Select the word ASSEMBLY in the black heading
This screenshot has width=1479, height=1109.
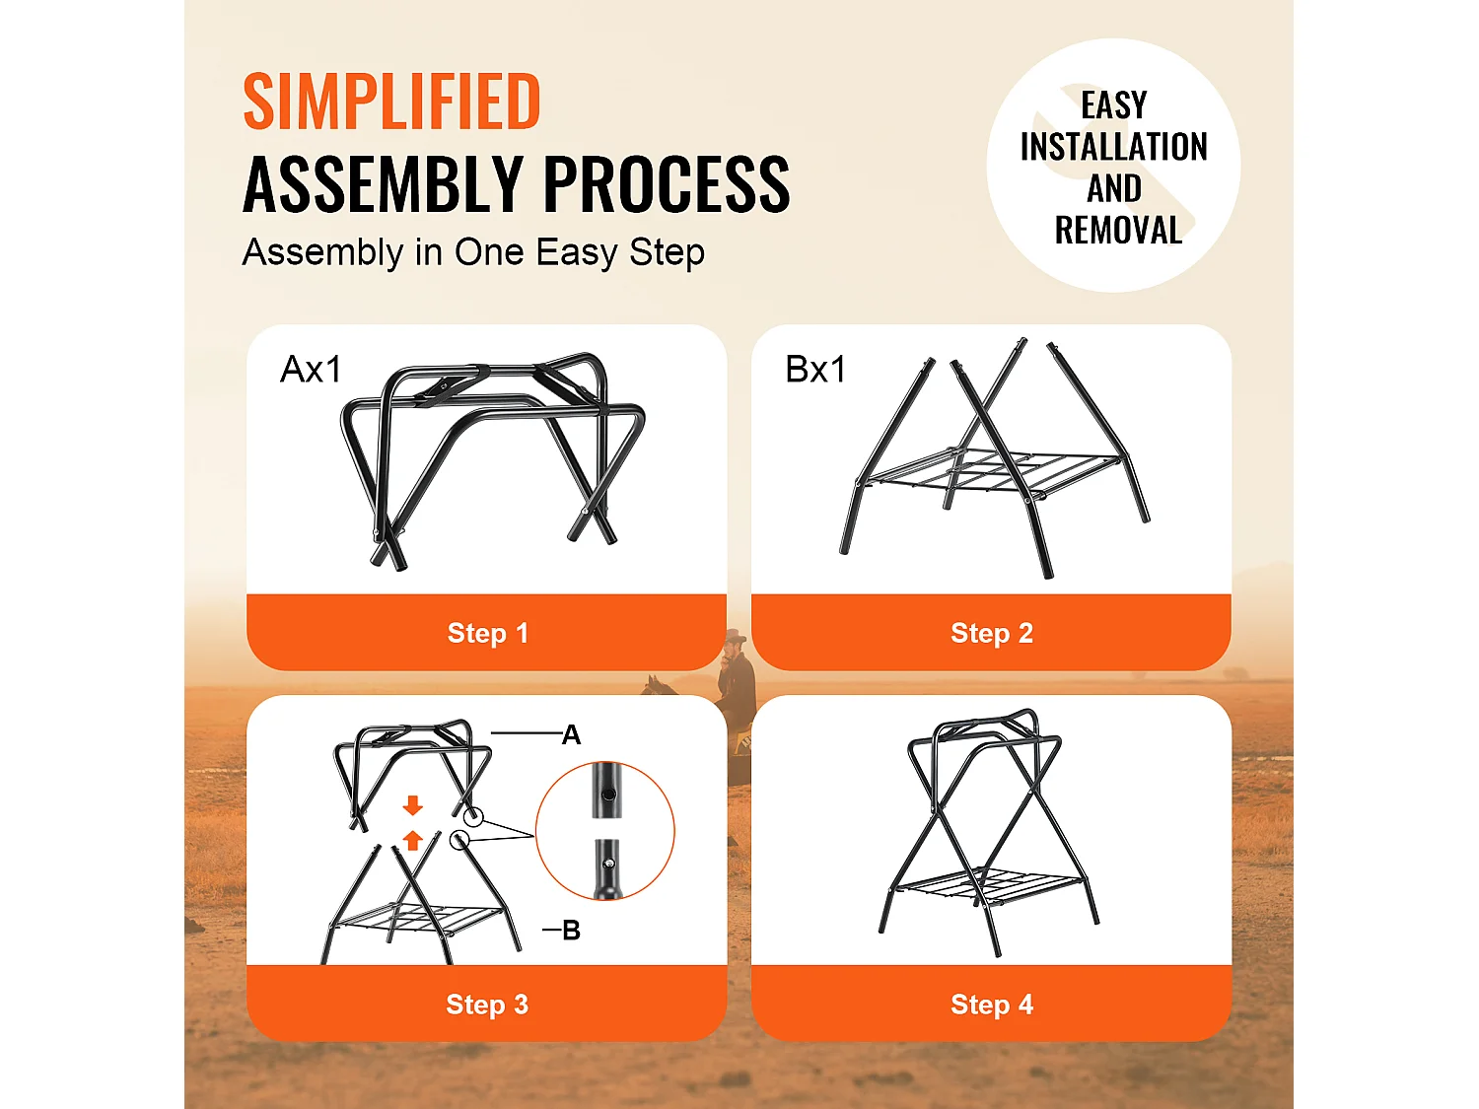click(383, 183)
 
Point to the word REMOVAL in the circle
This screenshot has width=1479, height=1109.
click(1118, 231)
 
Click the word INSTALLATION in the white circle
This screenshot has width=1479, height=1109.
click(1114, 147)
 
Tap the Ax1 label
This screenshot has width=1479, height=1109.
click(311, 369)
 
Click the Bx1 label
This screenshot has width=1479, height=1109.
click(815, 369)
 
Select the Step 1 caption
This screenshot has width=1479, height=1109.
click(488, 633)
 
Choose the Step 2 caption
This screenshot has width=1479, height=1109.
click(992, 633)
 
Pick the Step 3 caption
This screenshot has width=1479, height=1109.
click(487, 1004)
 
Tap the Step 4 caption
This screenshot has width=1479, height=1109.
click(992, 1004)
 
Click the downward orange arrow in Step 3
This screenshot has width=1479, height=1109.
click(412, 805)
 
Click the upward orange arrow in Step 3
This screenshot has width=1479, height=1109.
click(412, 840)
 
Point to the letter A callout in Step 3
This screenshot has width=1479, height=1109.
click(571, 734)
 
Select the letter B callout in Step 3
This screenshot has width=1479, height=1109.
click(571, 931)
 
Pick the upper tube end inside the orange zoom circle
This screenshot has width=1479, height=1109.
click(607, 791)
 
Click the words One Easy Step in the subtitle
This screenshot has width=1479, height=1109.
click(580, 253)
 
